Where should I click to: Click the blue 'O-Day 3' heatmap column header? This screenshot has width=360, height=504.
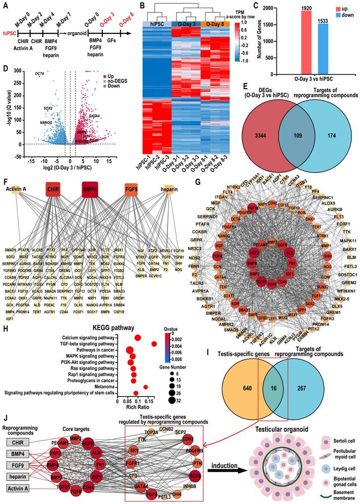(x=184, y=24)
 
